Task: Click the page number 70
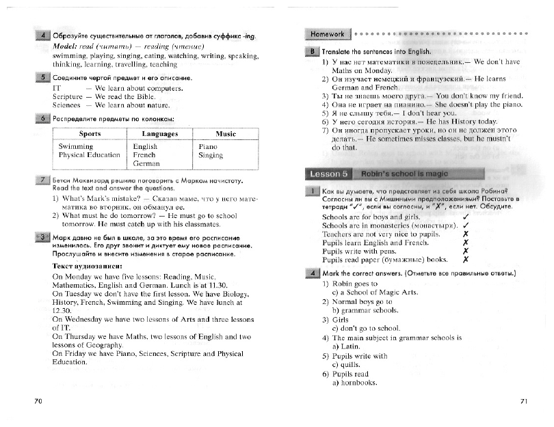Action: point(38,400)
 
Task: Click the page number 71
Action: point(524,400)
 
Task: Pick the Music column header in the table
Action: point(225,133)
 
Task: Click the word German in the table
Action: point(146,164)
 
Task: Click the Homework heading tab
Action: point(327,33)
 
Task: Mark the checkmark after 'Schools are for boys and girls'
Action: point(464,217)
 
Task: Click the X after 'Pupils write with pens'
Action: point(464,251)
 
